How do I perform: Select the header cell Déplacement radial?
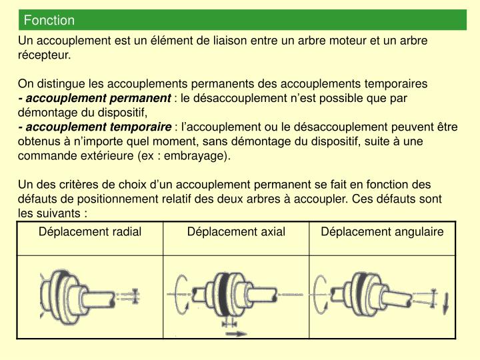click(x=90, y=231)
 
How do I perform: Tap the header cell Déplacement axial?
click(x=236, y=231)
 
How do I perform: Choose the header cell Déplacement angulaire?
click(x=382, y=231)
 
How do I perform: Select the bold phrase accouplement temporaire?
click(x=98, y=127)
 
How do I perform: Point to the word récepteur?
click(x=43, y=55)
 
